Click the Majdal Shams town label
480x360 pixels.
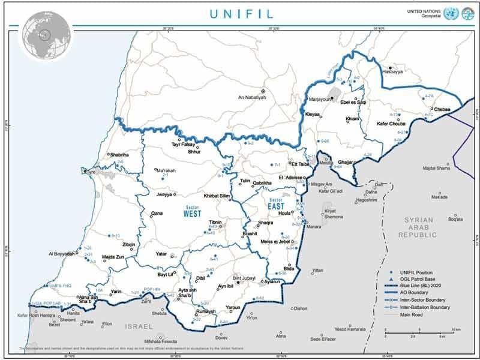[x=437, y=168]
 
